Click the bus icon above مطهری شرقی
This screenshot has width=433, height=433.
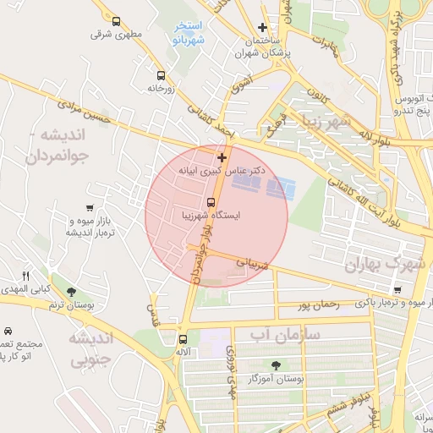pyautogui.click(x=116, y=22)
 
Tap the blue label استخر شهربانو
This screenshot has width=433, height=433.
pyautogui.click(x=187, y=33)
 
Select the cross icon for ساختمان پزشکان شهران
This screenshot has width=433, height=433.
pyautogui.click(x=263, y=27)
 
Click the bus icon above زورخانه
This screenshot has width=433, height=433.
pyautogui.click(x=161, y=74)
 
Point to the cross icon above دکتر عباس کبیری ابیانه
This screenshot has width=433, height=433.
pyautogui.click(x=222, y=157)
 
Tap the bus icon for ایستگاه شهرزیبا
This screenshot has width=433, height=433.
pyautogui.click(x=211, y=202)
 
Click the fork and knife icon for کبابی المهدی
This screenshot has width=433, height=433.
pyautogui.click(x=25, y=276)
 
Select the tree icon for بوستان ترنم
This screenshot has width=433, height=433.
pyautogui.click(x=81, y=290)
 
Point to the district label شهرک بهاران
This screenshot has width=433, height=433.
pyautogui.click(x=383, y=265)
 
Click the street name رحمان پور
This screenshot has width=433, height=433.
pyautogui.click(x=318, y=304)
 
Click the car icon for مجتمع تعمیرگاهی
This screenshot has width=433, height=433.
pyautogui.click(x=8, y=330)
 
